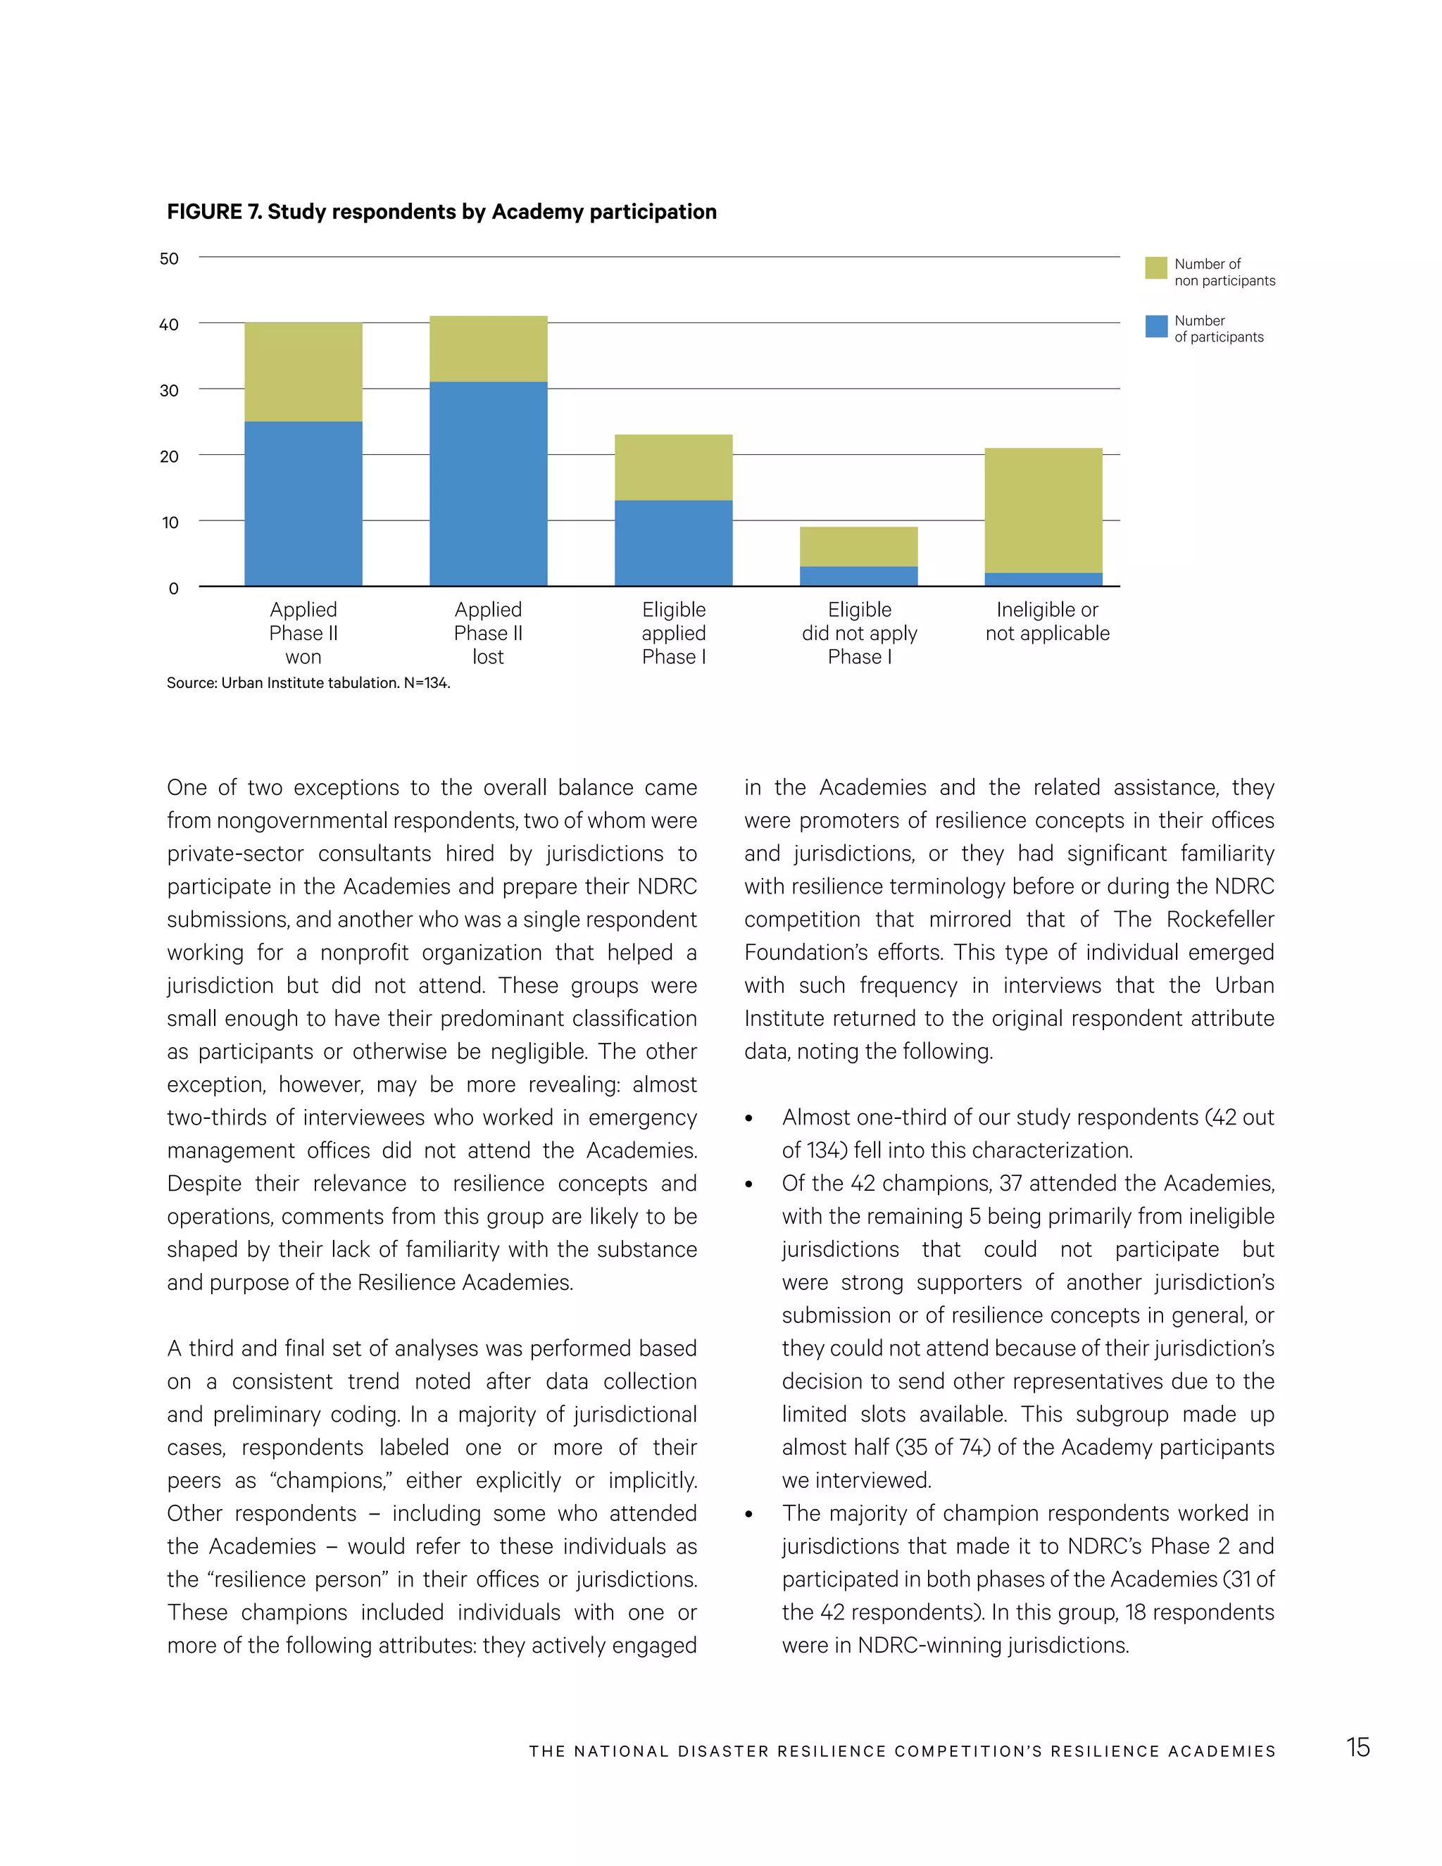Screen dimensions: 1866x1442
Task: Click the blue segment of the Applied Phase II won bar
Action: tap(303, 503)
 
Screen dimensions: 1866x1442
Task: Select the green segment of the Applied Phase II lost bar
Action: tap(488, 349)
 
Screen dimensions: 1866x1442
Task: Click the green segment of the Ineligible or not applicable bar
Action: tap(1043, 510)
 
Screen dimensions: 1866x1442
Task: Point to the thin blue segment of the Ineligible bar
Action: tap(1043, 580)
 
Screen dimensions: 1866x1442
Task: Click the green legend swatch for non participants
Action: tap(1156, 268)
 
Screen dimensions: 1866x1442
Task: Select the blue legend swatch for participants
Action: tap(1156, 327)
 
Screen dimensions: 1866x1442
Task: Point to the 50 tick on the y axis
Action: tap(169, 258)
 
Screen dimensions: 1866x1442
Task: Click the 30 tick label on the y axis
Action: tap(169, 391)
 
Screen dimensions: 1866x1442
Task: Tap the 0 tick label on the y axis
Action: tap(173, 589)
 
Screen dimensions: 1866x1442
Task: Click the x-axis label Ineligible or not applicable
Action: tap(1047, 621)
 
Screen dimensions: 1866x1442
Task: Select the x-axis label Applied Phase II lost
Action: tap(488, 633)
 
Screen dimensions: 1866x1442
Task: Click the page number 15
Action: tap(1358, 1747)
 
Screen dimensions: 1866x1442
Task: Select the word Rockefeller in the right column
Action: tap(1220, 920)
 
